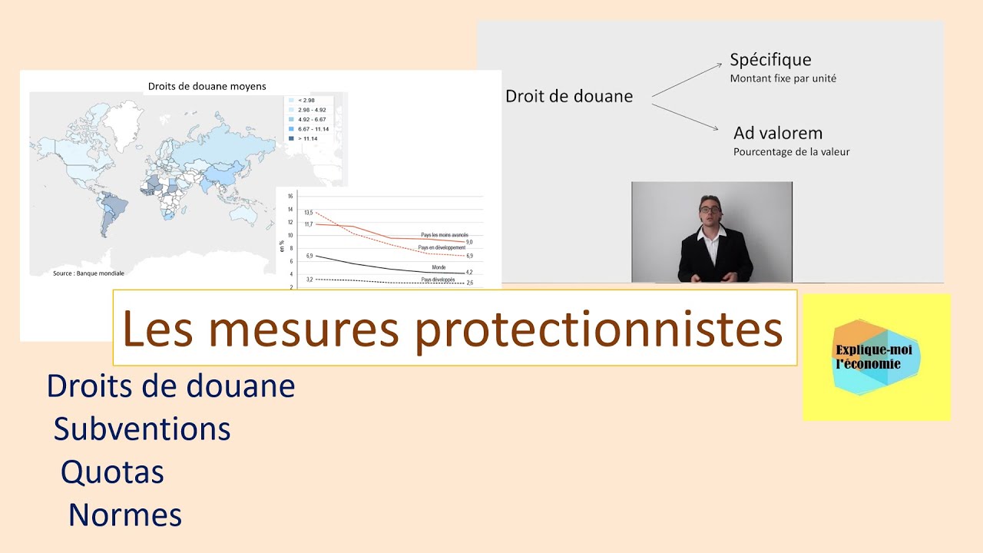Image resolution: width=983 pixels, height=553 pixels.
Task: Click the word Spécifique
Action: click(x=770, y=60)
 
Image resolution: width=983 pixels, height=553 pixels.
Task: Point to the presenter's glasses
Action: click(x=709, y=208)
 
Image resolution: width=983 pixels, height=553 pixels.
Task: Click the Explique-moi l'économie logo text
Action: click(x=868, y=358)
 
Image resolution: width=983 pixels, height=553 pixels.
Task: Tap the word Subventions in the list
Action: click(x=142, y=429)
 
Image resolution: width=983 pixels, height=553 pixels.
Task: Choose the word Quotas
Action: click(x=112, y=472)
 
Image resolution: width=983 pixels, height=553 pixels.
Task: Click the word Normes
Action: click(x=125, y=515)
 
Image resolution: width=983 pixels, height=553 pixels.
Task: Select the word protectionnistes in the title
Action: click(x=599, y=329)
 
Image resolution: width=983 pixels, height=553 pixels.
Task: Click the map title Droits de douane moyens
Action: click(x=207, y=87)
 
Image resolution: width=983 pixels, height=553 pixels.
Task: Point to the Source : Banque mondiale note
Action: click(x=88, y=273)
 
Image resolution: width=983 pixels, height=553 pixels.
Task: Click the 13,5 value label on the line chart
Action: click(x=309, y=212)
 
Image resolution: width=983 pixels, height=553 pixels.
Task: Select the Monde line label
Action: click(x=439, y=267)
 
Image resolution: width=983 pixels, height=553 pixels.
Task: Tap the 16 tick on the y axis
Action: click(x=290, y=196)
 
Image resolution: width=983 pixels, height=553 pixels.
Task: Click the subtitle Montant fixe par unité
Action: click(x=783, y=78)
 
